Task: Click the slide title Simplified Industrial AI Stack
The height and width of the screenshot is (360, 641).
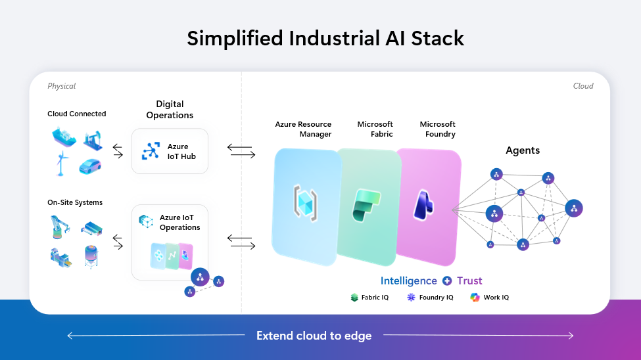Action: [325, 38]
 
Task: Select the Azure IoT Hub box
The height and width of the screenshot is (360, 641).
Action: [170, 151]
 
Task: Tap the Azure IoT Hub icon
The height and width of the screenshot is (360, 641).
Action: [152, 151]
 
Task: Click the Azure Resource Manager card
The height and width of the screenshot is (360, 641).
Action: [305, 204]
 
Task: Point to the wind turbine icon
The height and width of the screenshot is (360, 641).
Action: [61, 164]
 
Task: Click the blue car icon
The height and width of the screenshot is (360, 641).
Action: [90, 166]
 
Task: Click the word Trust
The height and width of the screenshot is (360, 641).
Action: [469, 281]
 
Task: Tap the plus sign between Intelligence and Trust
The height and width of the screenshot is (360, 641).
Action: [447, 281]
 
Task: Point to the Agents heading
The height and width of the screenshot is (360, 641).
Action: [523, 150]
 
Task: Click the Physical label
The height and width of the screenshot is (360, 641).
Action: [61, 86]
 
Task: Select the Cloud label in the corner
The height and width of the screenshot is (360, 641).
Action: [582, 86]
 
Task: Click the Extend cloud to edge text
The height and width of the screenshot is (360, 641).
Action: [314, 336]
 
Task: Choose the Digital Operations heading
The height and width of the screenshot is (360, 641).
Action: [170, 110]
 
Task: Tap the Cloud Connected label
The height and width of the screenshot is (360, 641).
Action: [76, 114]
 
